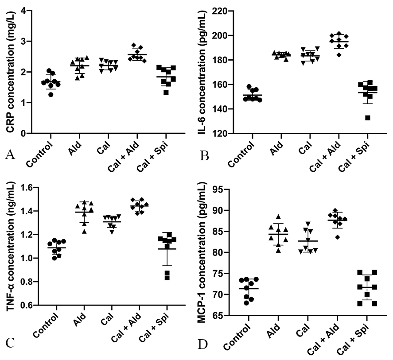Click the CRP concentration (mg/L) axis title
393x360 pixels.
(x=9, y=71)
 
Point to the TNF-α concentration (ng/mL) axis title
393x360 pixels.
(x=9, y=247)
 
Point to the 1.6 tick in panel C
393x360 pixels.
(x=23, y=188)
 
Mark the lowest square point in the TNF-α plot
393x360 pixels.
(x=167, y=278)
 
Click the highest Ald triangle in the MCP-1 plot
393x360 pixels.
(x=279, y=217)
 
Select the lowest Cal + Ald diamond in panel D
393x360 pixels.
(x=338, y=237)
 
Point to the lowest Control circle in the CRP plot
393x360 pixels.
(x=51, y=94)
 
